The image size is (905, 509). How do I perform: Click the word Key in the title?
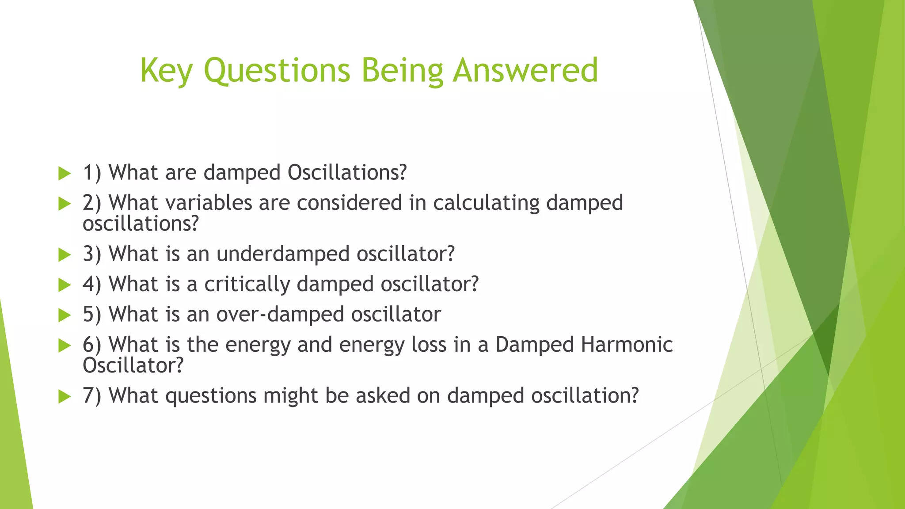(x=166, y=71)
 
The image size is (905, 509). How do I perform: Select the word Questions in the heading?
(x=277, y=71)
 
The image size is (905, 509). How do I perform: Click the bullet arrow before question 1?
(x=65, y=174)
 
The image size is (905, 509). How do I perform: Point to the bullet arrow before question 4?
(x=65, y=285)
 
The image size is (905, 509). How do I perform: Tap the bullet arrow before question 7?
(x=65, y=397)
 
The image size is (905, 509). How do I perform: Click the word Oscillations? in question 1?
(x=347, y=172)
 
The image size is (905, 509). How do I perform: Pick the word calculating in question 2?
(x=486, y=203)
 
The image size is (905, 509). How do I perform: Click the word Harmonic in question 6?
(x=627, y=345)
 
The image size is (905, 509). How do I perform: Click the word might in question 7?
(x=290, y=395)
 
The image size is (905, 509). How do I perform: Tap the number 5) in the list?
(x=92, y=315)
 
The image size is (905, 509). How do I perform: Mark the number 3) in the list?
(x=92, y=254)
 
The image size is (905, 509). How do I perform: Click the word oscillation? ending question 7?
(x=585, y=395)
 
